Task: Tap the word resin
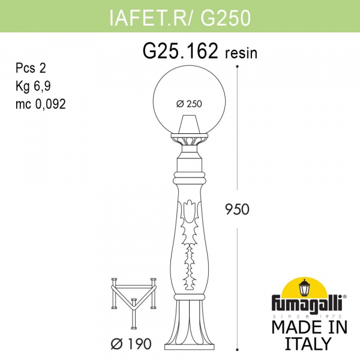[241, 53]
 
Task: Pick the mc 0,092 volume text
[40, 103]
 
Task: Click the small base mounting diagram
[136, 302]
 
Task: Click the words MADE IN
[308, 328]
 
